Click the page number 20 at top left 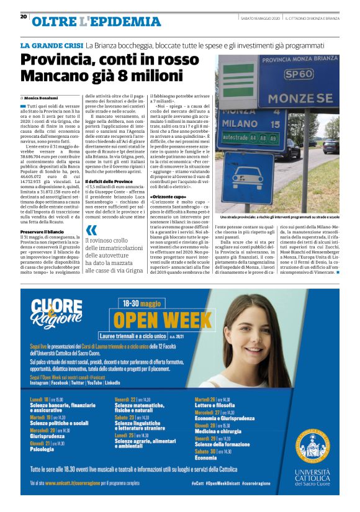click(24, 17)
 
